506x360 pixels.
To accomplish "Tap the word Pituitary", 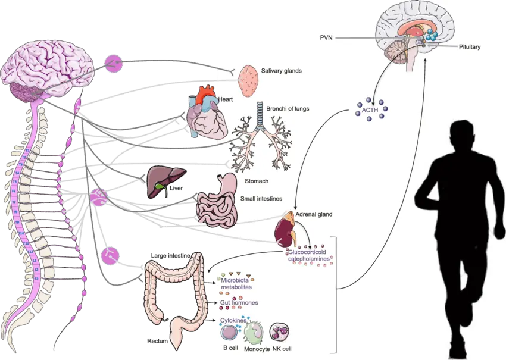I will (470, 46).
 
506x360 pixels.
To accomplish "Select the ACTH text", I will (370, 110).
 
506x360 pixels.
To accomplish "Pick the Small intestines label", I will (261, 199).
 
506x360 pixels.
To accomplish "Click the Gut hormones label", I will (238, 303).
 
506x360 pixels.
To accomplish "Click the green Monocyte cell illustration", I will (254, 333).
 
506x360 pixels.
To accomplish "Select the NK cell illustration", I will (280, 331).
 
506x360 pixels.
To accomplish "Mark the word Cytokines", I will (233, 321).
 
